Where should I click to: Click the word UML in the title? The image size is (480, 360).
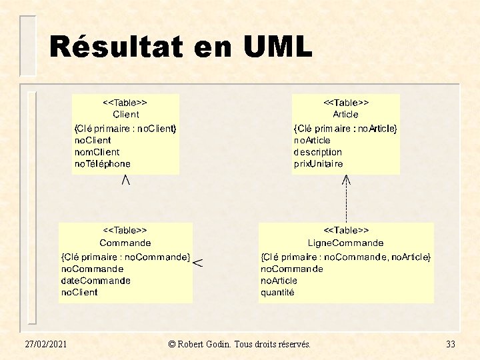click(x=277, y=46)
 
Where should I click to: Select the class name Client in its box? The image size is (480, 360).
click(x=125, y=114)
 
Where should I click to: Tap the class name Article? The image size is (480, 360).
click(x=345, y=114)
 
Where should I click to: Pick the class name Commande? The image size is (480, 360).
click(x=125, y=243)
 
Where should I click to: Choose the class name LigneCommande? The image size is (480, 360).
click(x=345, y=243)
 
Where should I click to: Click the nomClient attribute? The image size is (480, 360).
click(x=97, y=152)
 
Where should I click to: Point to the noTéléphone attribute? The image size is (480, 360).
click(x=102, y=163)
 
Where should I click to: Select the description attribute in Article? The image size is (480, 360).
click(x=318, y=152)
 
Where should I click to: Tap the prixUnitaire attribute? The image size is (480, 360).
click(x=318, y=164)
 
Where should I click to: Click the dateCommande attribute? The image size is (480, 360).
click(x=96, y=281)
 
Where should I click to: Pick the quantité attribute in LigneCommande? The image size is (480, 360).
click(x=277, y=293)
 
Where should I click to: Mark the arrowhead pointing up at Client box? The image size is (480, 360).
click(x=126, y=180)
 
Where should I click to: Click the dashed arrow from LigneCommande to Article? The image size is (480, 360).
click(x=346, y=199)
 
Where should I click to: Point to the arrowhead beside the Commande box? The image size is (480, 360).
click(x=198, y=263)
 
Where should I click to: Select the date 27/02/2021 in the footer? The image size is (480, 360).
click(x=45, y=344)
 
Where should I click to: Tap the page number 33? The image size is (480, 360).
click(x=450, y=344)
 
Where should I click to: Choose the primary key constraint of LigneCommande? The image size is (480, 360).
click(x=345, y=257)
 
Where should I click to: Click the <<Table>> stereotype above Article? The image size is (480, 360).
click(x=346, y=102)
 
